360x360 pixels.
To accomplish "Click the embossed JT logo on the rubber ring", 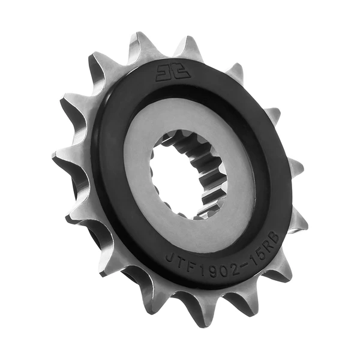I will point(173,73).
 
